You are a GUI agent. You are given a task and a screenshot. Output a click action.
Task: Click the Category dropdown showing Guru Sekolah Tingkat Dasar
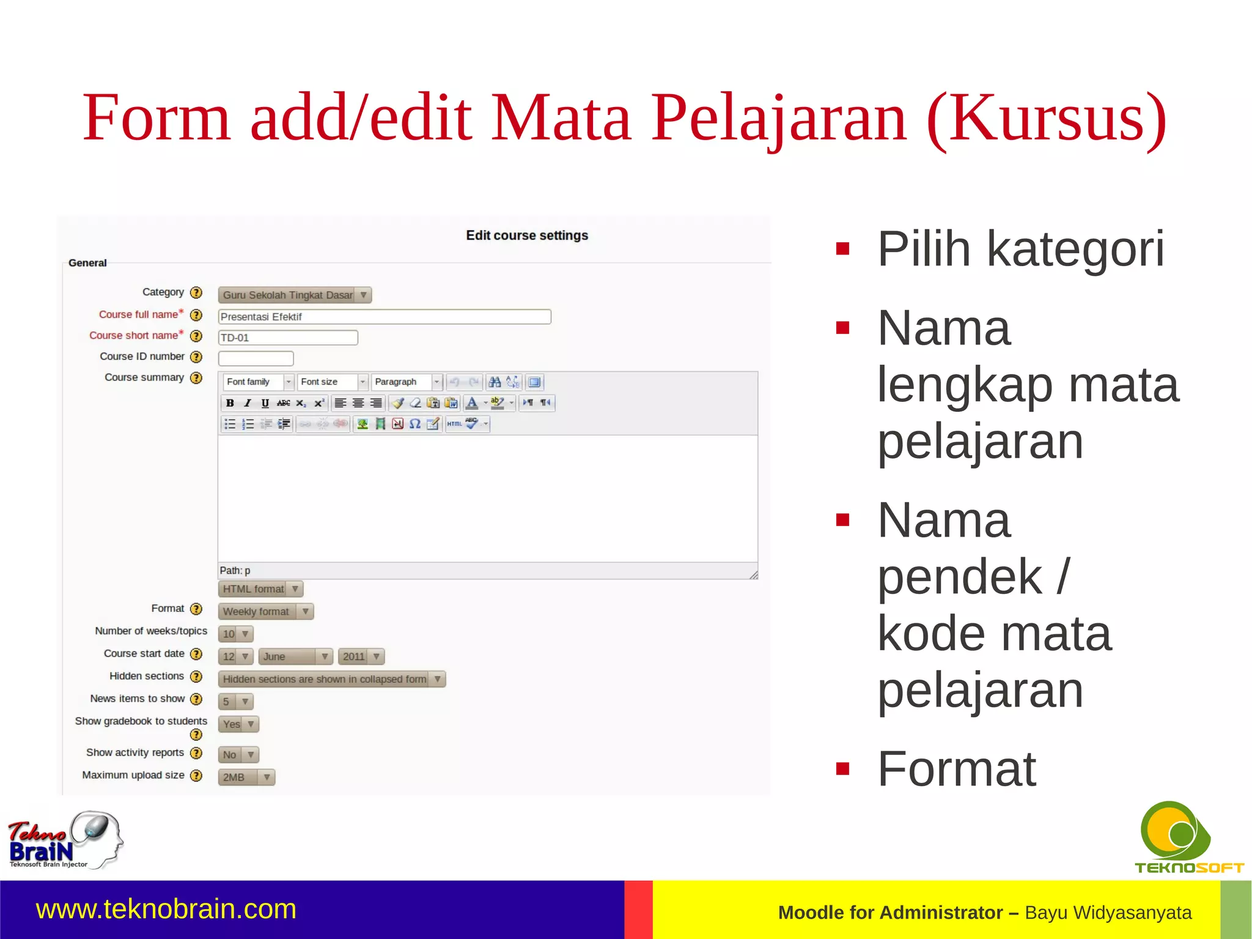click(295, 295)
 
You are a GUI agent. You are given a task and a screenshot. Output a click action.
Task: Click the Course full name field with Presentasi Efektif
click(384, 317)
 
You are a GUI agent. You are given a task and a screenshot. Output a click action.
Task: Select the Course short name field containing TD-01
click(287, 338)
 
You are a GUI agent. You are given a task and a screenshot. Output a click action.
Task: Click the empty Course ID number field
click(256, 358)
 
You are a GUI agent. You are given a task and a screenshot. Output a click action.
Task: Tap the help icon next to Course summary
click(196, 378)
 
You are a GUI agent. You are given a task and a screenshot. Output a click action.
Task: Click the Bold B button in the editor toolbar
click(230, 403)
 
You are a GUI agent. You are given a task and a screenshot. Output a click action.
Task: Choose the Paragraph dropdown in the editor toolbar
click(406, 382)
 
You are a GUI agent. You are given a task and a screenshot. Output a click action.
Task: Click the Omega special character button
click(415, 424)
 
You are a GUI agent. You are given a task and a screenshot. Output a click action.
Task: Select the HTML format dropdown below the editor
click(260, 589)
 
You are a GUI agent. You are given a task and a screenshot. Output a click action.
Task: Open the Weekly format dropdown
click(265, 611)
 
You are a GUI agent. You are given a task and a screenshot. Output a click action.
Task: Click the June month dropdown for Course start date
click(295, 656)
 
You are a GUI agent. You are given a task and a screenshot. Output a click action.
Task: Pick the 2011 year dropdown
click(361, 656)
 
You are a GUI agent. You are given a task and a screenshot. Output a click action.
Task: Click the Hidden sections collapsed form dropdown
click(331, 679)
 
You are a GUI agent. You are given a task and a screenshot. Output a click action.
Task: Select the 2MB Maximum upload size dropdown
click(246, 777)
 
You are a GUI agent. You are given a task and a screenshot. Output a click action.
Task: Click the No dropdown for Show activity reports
click(238, 755)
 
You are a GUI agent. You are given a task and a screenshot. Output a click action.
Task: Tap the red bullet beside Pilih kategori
click(843, 249)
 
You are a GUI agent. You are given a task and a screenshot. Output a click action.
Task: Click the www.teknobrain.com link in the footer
click(166, 909)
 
